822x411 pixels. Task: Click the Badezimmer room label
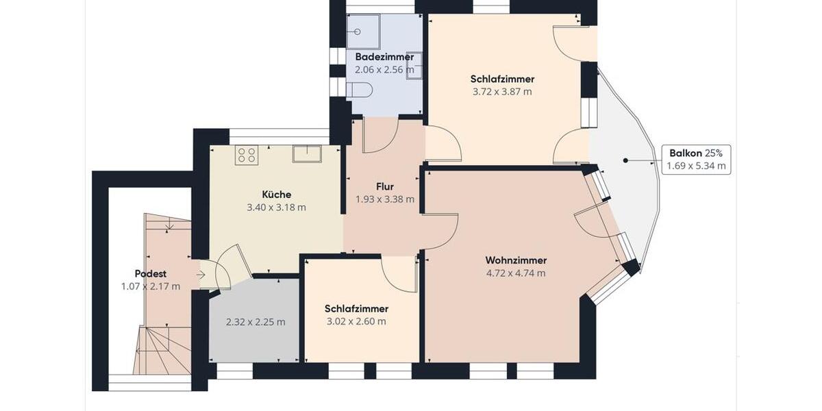(x=384, y=57)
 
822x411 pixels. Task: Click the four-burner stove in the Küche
(x=246, y=155)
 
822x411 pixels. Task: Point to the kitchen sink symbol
(x=307, y=153)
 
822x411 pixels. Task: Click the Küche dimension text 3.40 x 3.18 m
(x=276, y=207)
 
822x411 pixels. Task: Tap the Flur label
(x=385, y=186)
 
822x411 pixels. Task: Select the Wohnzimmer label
(x=516, y=260)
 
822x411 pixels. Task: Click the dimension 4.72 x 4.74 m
(x=516, y=273)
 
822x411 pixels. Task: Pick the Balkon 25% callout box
(x=696, y=159)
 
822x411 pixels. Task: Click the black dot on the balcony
(x=625, y=160)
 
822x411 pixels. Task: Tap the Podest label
(x=151, y=273)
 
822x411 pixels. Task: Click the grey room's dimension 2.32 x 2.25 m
(x=256, y=321)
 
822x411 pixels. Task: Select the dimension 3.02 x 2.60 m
(x=356, y=321)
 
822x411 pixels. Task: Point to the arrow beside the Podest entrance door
(x=200, y=275)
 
